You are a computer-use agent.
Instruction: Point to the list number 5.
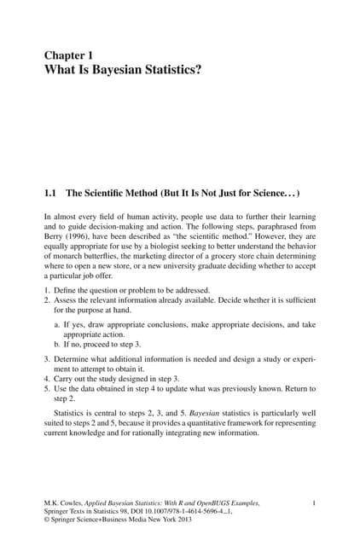pyautogui.click(x=46, y=388)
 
